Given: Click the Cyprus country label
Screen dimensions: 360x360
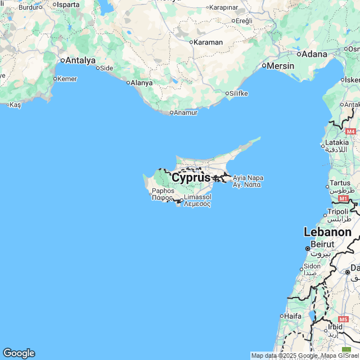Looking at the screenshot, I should click(x=191, y=178).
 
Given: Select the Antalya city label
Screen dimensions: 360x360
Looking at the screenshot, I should click(x=80, y=60).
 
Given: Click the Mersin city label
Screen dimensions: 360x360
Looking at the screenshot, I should click(x=281, y=66).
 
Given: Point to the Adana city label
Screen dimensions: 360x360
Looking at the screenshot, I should click(x=314, y=54).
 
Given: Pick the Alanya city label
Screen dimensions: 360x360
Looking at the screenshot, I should click(x=141, y=83).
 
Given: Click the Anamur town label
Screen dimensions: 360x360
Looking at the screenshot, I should click(x=186, y=112).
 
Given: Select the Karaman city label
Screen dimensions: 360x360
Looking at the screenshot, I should click(x=208, y=42).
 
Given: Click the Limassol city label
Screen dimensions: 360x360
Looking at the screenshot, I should click(x=197, y=197).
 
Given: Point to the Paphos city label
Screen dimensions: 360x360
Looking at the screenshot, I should click(x=163, y=191).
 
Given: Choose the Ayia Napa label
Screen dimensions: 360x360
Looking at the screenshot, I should click(x=247, y=178).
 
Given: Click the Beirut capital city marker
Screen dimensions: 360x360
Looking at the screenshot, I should click(x=308, y=248).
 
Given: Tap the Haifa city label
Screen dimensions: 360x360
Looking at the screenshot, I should click(x=292, y=316).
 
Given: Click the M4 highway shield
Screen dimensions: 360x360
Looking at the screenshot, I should click(x=350, y=131).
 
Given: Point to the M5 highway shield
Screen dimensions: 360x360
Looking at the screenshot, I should click(x=344, y=319).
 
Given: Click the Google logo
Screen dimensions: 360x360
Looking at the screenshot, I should click(x=19, y=353).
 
